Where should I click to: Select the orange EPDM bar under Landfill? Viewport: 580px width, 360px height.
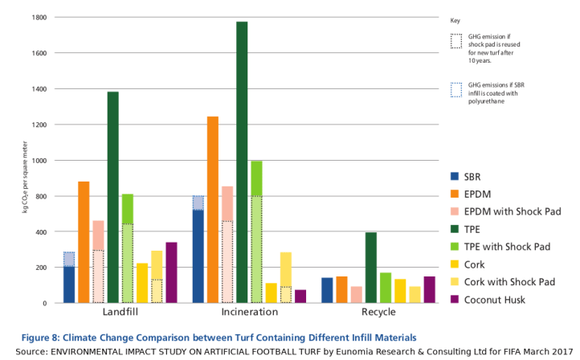(x=84, y=242)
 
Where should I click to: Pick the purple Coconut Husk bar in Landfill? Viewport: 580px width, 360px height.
(x=171, y=272)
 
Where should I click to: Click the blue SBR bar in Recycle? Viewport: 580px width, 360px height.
(x=327, y=290)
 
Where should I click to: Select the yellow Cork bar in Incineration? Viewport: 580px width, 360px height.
(x=272, y=292)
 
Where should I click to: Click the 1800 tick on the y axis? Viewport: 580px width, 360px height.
(x=38, y=17)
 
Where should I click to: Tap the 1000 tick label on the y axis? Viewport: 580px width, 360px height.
(x=38, y=161)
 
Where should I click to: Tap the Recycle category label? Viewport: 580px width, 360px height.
(x=378, y=313)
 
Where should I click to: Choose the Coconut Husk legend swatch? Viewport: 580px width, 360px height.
(x=455, y=299)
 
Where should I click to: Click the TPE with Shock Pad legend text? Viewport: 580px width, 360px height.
(x=509, y=246)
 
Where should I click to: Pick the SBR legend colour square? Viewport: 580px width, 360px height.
(x=455, y=176)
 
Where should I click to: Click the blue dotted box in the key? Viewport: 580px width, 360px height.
(x=456, y=89)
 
